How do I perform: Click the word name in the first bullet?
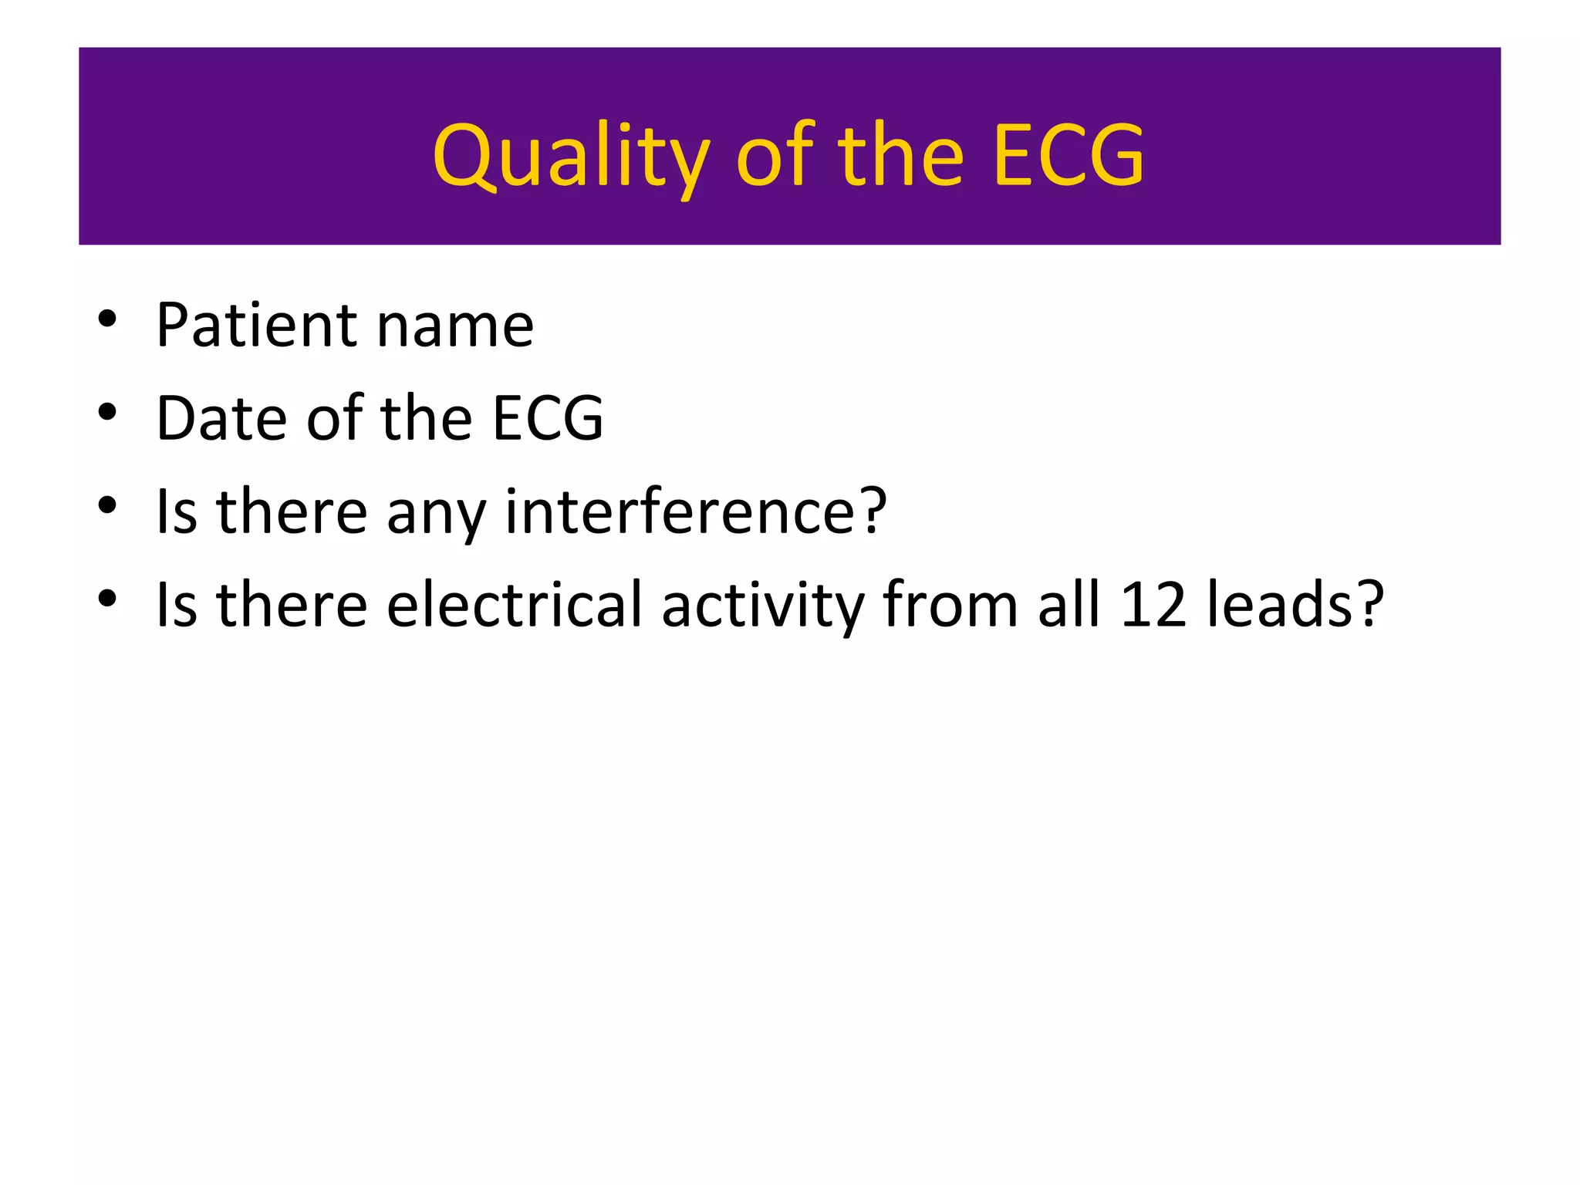pos(455,326)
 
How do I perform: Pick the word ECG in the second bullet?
pos(547,418)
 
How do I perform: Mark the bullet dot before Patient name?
pos(107,319)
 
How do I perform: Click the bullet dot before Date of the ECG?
pos(107,412)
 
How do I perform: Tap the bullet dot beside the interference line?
pos(107,505)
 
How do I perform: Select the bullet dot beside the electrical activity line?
pos(107,599)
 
